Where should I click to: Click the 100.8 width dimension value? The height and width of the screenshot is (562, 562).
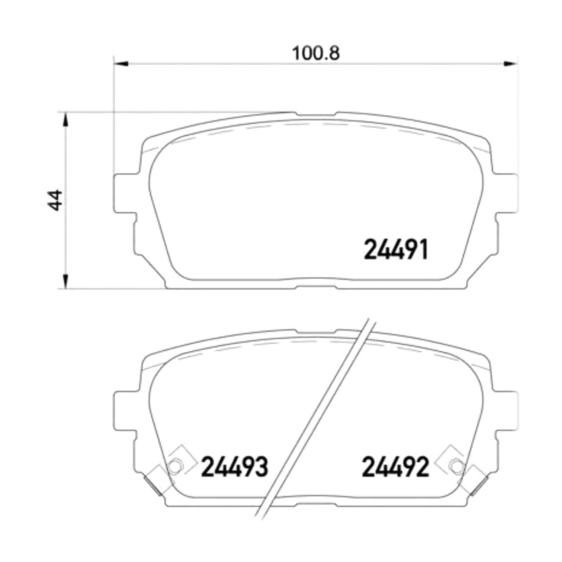[x=316, y=53]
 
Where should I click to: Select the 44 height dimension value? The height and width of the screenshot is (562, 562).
[x=54, y=200]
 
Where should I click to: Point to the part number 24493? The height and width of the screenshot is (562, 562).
[x=235, y=467]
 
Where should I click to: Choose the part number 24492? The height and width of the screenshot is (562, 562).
[x=395, y=467]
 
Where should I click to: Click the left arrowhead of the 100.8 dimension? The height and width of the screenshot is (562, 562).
[x=121, y=64]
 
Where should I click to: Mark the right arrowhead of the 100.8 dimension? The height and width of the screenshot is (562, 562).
[x=510, y=64]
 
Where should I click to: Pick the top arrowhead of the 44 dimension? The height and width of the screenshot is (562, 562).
[x=66, y=119]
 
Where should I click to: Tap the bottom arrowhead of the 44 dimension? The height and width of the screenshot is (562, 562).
[x=66, y=281]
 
